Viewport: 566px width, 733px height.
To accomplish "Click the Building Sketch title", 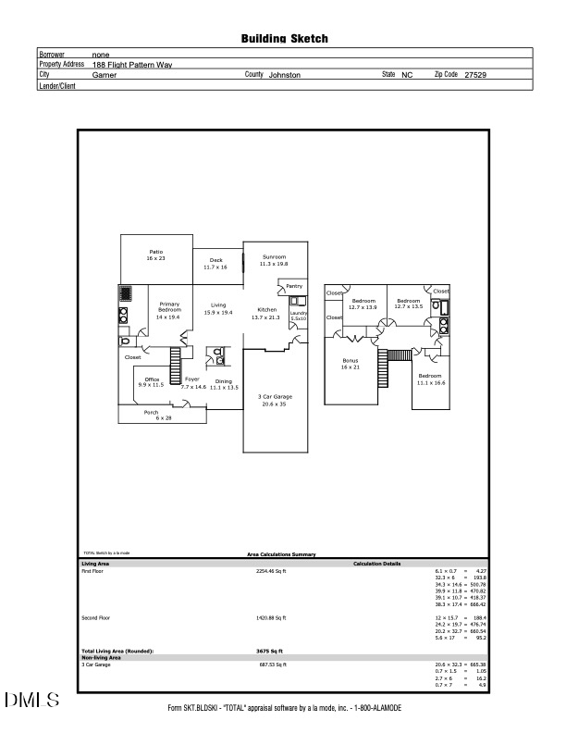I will (284, 39).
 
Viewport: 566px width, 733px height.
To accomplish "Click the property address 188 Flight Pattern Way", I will (132, 65).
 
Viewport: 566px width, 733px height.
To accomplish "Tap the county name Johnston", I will (284, 74).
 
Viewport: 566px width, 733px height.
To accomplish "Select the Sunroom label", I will (274, 259).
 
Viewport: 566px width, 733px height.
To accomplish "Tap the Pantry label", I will (294, 286).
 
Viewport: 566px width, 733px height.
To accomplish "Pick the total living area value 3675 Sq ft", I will (270, 652).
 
